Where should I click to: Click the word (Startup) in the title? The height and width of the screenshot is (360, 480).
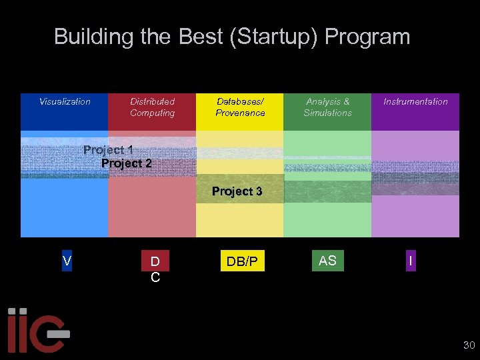[x=274, y=37]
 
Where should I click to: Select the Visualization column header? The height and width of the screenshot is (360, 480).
[x=65, y=102]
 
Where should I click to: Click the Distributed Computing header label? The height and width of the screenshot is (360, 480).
[x=152, y=107]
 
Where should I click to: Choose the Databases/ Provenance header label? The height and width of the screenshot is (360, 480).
[x=240, y=107]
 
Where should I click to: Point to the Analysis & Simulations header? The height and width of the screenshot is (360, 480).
[x=327, y=107]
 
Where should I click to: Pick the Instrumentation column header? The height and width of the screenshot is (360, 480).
[x=415, y=102]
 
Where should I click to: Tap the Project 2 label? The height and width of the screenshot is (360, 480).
[x=126, y=163]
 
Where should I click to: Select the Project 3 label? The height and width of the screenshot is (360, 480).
[x=237, y=191]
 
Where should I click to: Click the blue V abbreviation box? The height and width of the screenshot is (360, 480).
[x=67, y=261]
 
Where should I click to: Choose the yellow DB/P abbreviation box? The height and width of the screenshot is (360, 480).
[x=242, y=262]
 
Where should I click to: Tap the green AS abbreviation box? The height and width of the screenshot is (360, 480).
[x=327, y=261]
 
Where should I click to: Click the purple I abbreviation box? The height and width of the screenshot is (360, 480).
[x=411, y=262]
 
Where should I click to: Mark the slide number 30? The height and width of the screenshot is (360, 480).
[x=469, y=345]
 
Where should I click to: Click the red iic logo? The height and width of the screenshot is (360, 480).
[x=37, y=330]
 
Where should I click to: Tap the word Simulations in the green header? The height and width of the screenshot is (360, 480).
[x=327, y=113]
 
